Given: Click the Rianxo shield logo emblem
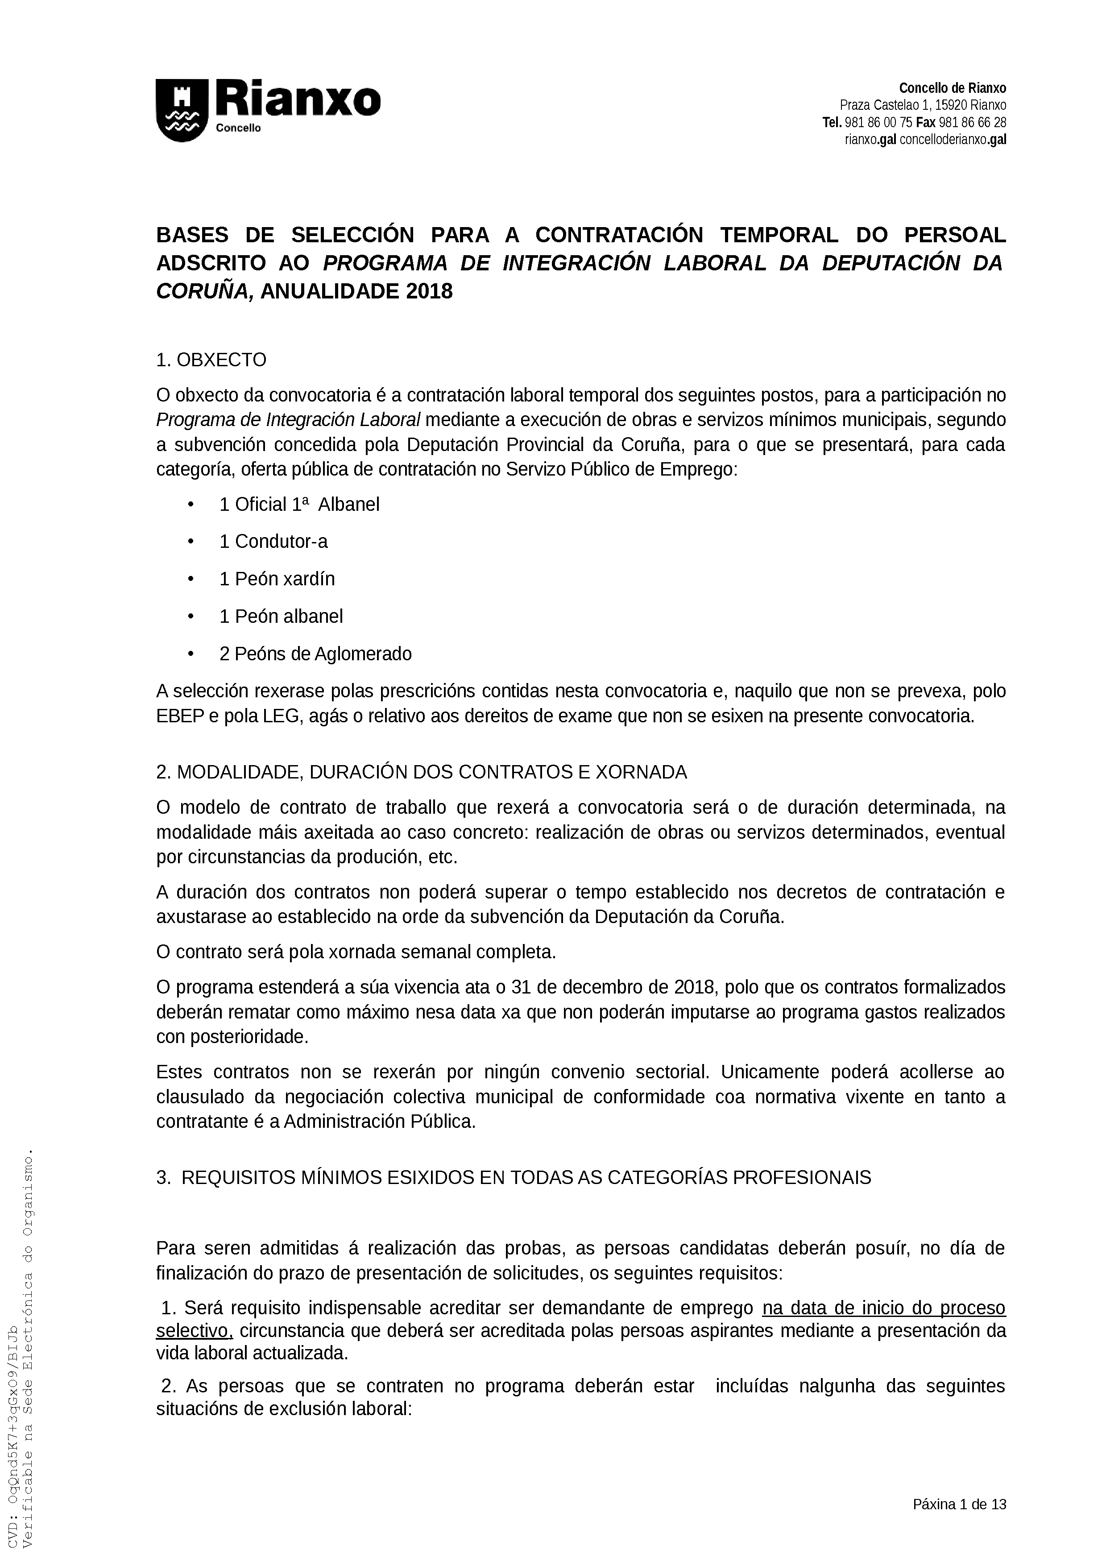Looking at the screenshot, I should pyautogui.click(x=182, y=111).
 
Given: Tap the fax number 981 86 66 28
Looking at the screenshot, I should pyautogui.click(x=973, y=123).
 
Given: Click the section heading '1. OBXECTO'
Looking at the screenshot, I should pyautogui.click(x=211, y=360).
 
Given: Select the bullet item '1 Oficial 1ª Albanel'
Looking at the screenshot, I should pyautogui.click(x=299, y=505).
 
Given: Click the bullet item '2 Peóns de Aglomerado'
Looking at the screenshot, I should pyautogui.click(x=315, y=654).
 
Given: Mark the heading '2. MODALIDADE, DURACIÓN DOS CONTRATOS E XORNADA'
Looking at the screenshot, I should pyautogui.click(x=421, y=772).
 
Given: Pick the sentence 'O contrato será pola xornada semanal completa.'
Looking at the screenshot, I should pyautogui.click(x=356, y=952).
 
